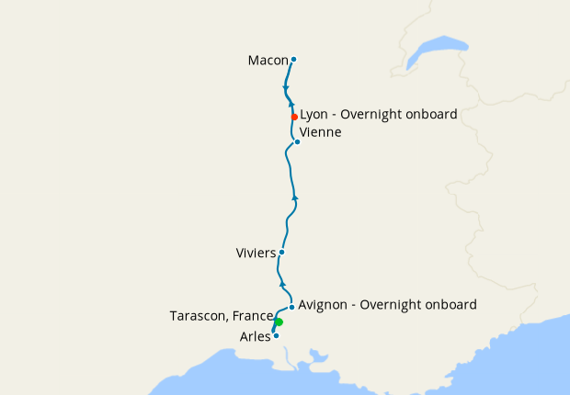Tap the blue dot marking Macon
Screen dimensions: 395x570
point(293,60)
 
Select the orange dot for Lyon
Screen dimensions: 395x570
point(294,117)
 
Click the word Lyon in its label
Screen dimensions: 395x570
point(314,115)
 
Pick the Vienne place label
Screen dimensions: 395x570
point(321,132)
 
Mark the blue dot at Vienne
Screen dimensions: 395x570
point(297,141)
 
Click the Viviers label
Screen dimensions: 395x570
point(256,252)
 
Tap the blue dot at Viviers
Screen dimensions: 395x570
point(281,252)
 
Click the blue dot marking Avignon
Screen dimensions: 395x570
point(291,307)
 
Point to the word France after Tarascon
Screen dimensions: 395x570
point(253,316)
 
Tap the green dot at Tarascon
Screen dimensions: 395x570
point(279,322)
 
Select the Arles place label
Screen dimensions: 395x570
point(255,336)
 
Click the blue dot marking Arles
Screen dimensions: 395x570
point(276,335)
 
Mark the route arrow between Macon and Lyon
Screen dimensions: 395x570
point(286,88)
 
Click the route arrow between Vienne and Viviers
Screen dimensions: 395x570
point(294,197)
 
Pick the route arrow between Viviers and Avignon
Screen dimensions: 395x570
point(282,285)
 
